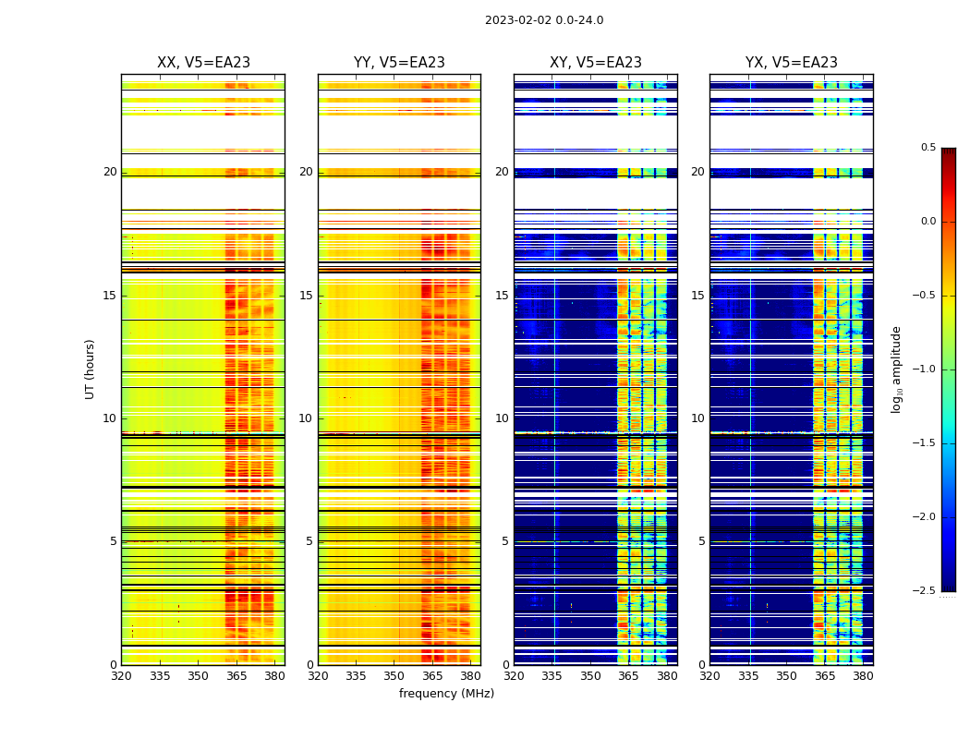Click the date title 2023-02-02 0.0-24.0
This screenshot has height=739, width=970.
[544, 20]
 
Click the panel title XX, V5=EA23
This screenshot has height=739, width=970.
[203, 63]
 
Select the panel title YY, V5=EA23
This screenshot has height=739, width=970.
[399, 63]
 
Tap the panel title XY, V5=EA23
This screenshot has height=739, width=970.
[596, 63]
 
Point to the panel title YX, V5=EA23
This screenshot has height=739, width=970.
[792, 63]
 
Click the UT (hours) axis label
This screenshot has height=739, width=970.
[91, 369]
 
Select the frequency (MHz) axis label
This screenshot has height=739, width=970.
[446, 694]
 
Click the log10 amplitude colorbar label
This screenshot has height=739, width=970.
[895, 369]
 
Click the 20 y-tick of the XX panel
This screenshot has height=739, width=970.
[110, 172]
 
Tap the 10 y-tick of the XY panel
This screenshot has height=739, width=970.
[503, 418]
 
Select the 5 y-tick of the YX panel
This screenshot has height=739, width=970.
[702, 541]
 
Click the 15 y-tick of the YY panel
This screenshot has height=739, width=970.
[307, 296]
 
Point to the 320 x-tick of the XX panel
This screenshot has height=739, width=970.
[121, 675]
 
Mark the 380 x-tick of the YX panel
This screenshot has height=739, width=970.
[863, 675]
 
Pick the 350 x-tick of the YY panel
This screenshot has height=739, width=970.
[394, 675]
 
